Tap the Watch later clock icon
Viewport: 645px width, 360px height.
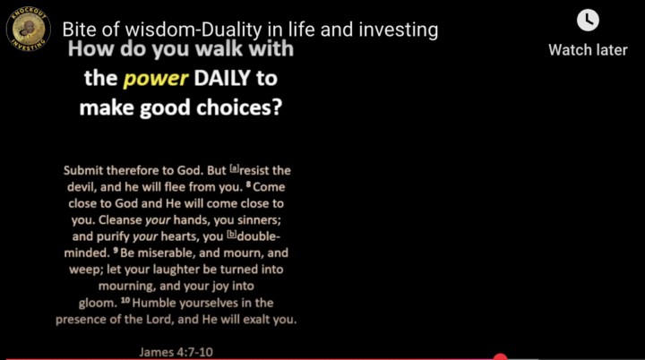tap(588, 20)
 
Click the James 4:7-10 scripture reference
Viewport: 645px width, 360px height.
tap(176, 352)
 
